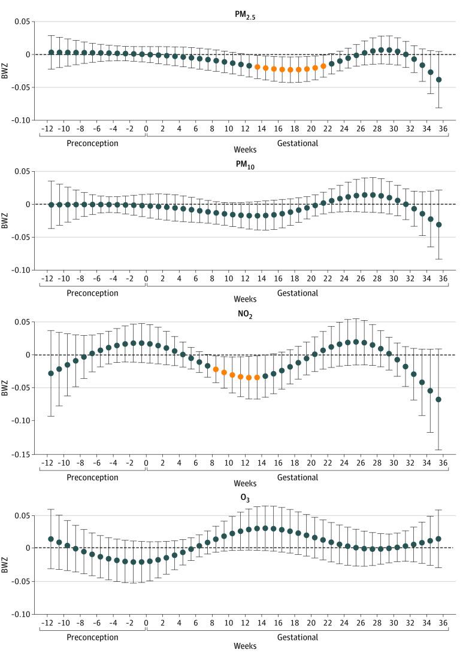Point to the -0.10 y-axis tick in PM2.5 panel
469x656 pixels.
[x=21, y=120]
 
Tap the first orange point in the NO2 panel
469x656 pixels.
[x=216, y=369]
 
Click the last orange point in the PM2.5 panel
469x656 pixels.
[x=323, y=66]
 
